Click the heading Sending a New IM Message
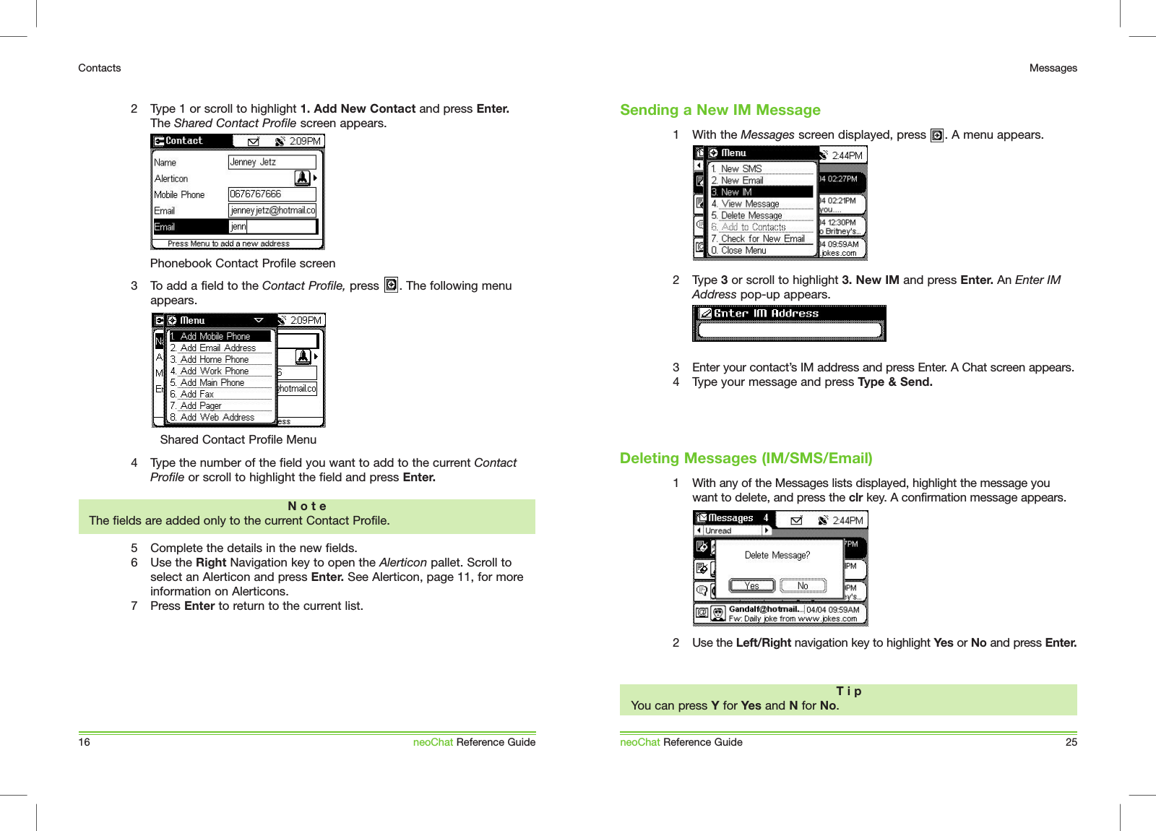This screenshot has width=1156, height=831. tap(720, 110)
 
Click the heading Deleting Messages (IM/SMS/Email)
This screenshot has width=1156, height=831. tap(746, 458)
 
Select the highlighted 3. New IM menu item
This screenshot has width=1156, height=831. tap(761, 192)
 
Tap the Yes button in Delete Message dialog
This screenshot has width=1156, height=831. tap(751, 586)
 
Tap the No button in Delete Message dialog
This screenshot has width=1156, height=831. tap(803, 586)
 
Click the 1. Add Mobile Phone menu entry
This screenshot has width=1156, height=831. tap(220, 336)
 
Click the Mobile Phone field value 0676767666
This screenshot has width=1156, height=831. tap(272, 194)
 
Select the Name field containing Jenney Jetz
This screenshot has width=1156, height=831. tap(272, 163)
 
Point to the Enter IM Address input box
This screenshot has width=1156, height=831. tap(789, 330)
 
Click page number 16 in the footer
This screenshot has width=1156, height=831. tap(85, 742)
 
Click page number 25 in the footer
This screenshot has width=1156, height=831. tap(1071, 742)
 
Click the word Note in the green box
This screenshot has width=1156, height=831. tap(307, 507)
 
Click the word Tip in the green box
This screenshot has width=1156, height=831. tap(848, 692)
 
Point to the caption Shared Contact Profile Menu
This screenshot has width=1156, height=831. tap(238, 440)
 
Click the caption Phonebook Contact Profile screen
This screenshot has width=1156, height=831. tap(243, 264)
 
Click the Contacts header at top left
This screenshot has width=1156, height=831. tap(100, 68)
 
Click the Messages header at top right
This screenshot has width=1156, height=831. tap(1053, 68)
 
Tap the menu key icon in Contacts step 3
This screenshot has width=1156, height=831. tap(391, 285)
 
